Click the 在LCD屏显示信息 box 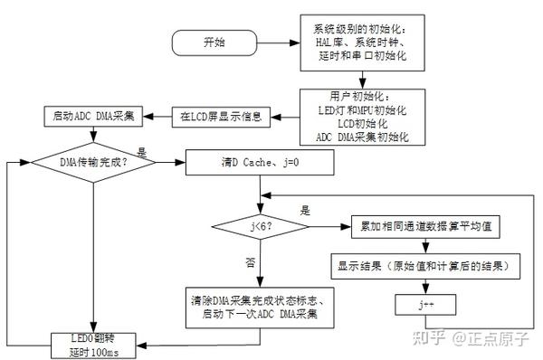(x=222, y=116)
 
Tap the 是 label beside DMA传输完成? (x=141, y=154)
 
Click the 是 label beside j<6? (x=305, y=211)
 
